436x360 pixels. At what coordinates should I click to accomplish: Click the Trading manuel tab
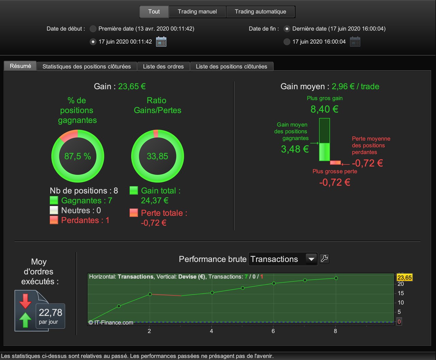tap(197, 12)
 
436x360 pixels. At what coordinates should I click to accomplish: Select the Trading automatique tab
tap(260, 12)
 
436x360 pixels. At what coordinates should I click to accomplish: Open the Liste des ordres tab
tap(163, 66)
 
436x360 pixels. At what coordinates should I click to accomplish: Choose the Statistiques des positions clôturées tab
tap(87, 66)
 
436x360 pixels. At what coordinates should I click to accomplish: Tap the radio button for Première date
tap(93, 29)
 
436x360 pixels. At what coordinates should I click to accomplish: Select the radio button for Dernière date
tap(287, 29)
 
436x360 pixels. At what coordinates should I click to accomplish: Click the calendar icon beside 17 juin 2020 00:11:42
tap(161, 42)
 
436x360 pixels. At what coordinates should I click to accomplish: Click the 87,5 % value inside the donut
tap(78, 156)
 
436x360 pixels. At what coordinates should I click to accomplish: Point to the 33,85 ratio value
tap(157, 156)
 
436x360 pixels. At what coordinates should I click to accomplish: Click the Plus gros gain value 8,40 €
tap(324, 109)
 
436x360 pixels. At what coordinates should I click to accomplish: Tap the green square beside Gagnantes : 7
tap(54, 200)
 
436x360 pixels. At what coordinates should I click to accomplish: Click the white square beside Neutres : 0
tap(54, 210)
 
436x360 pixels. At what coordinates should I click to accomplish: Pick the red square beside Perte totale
tap(134, 213)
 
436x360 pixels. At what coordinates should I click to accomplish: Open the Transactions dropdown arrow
tap(311, 259)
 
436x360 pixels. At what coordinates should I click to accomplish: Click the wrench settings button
tap(324, 259)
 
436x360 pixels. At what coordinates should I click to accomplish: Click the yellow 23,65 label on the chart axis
tap(404, 277)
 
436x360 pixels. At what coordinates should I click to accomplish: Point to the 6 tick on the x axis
tap(273, 331)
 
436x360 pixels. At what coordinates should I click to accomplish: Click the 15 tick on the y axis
tap(401, 293)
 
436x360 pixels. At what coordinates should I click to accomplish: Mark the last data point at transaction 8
tap(336, 278)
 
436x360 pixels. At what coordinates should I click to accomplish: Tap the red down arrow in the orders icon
tap(25, 301)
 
